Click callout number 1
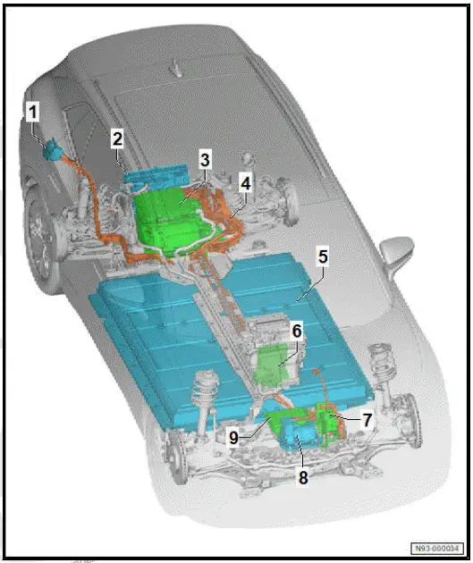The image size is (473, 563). click(32, 113)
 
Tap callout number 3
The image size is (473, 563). click(205, 161)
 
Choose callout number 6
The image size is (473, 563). click(296, 332)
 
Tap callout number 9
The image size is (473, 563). click(234, 437)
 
